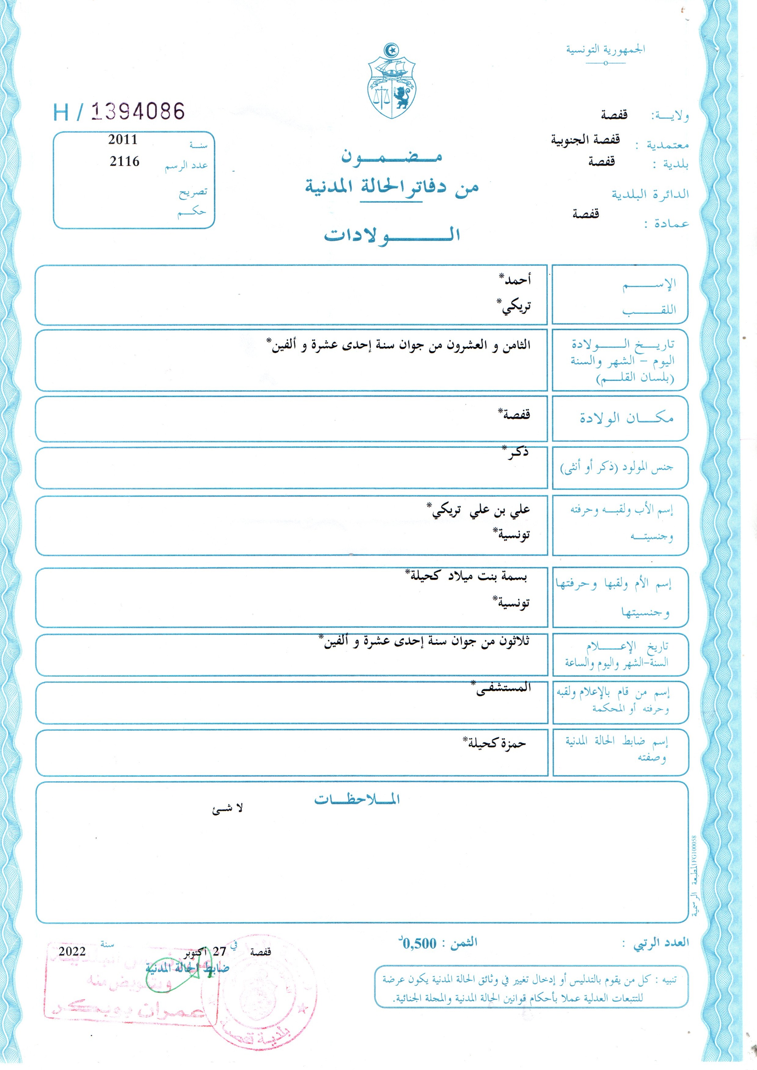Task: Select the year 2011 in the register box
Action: (x=123, y=139)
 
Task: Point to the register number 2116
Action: (x=124, y=161)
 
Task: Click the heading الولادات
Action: (x=392, y=234)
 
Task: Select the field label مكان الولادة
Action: (x=626, y=418)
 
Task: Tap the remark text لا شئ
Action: (x=228, y=809)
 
